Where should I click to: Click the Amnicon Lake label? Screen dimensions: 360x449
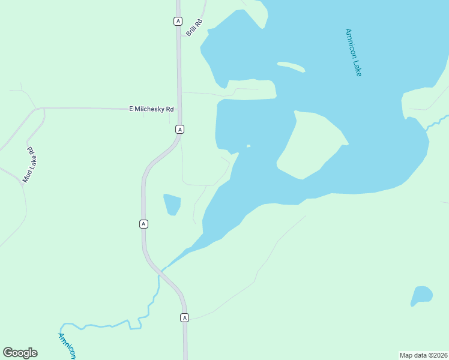(354, 52)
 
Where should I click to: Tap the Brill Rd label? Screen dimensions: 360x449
(194, 28)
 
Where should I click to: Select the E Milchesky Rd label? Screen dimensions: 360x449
(151, 109)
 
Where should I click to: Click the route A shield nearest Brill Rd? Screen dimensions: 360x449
(177, 21)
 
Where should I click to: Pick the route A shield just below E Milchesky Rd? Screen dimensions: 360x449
(179, 129)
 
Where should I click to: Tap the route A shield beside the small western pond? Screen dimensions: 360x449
(143, 224)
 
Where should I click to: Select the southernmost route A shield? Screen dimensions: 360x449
(184, 317)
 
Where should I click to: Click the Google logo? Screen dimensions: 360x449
(20, 353)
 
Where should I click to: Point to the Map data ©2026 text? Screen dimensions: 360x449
(423, 355)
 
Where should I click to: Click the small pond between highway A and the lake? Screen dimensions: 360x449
(172, 204)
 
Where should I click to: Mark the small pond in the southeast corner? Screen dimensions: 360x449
(421, 295)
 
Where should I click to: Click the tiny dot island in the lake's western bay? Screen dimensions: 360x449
(249, 145)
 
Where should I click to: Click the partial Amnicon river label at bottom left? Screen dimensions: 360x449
(67, 346)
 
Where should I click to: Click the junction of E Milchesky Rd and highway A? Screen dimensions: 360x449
(179, 109)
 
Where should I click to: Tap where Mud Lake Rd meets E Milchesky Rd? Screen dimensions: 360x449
(44, 109)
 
